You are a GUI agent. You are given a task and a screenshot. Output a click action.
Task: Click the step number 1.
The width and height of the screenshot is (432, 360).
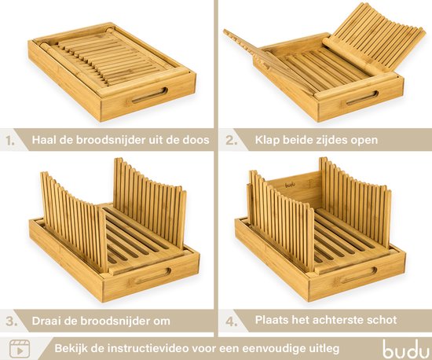[x=10, y=142]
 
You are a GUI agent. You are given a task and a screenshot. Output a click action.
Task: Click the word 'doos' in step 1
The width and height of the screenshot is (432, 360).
[x=194, y=142]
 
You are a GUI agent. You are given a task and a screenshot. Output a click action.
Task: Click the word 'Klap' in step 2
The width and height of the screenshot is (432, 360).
[x=269, y=142]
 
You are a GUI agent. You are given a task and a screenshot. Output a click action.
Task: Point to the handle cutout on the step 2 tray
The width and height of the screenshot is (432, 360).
[x=362, y=98]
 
